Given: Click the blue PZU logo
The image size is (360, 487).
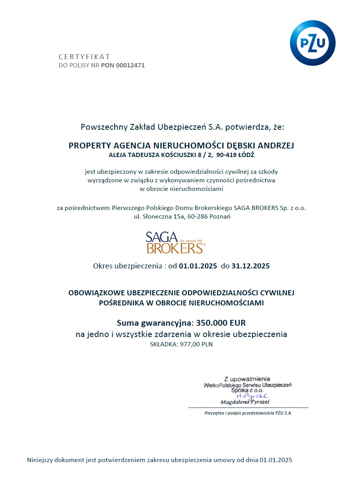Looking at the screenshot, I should pos(312,43).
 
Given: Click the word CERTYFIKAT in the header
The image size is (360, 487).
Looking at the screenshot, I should pos(84,56).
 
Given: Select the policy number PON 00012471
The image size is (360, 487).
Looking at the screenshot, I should pos(123,65).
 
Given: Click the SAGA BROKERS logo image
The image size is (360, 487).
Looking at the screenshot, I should pos(175,242).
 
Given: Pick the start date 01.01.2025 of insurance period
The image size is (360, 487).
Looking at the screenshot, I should pos(198,266).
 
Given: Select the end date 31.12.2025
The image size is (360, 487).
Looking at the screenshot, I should pos(250,266).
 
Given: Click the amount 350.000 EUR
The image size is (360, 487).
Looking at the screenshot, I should pos(221,323).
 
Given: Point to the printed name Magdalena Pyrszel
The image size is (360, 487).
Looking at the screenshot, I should pos(245,402).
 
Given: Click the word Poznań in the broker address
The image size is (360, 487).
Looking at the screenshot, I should pos(220,217).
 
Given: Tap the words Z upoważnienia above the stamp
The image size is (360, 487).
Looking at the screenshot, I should pos(247,379).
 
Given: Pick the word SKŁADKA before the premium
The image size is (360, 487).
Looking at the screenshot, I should pos(163,344).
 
